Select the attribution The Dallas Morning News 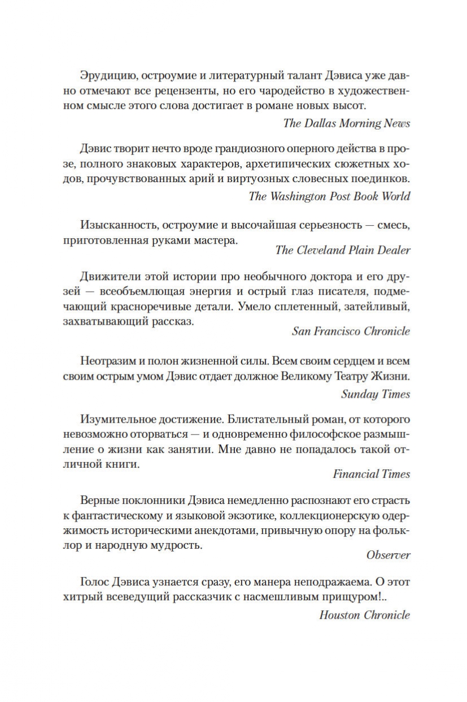pyautogui.click(x=347, y=123)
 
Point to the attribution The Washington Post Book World pyautogui.click(x=329, y=196)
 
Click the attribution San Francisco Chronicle pyautogui.click(x=351, y=331)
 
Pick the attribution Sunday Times pyautogui.click(x=376, y=394)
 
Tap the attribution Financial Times pyautogui.click(x=371, y=474)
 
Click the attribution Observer pyautogui.click(x=389, y=555)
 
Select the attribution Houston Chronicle pyautogui.click(x=364, y=615)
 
